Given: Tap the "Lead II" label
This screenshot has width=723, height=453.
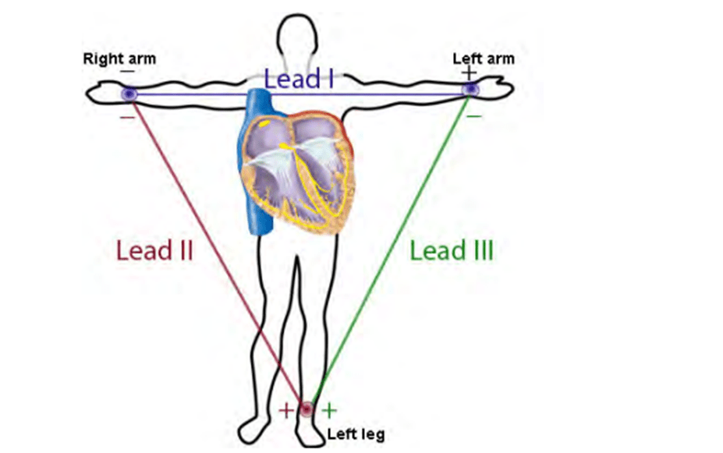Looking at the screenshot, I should pos(154,251).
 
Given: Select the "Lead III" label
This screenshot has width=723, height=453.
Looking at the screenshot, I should pos(452,251).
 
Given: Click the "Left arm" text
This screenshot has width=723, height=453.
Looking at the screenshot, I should pos(484,58).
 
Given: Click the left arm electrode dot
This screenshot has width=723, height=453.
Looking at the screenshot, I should pos(470,90).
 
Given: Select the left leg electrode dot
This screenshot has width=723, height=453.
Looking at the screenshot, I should pos(307,409).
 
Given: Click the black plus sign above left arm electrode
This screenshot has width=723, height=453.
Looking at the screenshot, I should pos(468,73).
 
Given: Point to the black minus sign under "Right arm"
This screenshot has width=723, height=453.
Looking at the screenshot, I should pos(127,72).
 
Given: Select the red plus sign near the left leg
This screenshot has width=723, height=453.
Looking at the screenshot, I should pos(285,410).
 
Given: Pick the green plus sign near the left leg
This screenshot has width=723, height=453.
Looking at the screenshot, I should pos(330,409).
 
